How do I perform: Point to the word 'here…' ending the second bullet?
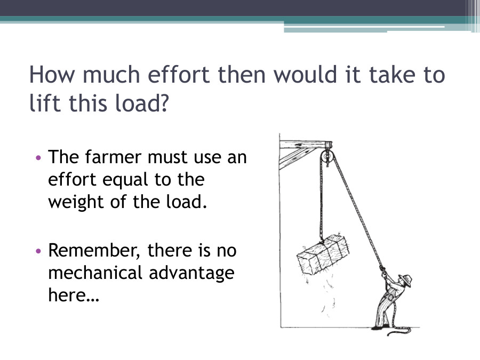[x=74, y=295]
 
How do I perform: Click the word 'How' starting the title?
[x=50, y=75]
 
